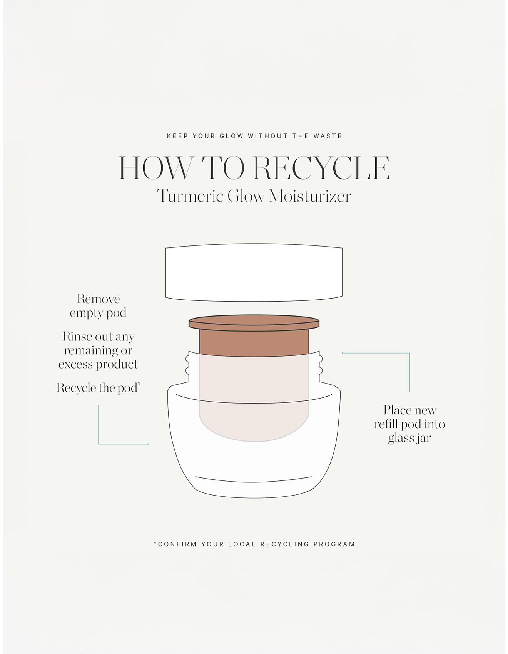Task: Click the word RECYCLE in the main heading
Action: pyautogui.click(x=322, y=168)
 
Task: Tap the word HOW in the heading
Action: pyautogui.click(x=155, y=168)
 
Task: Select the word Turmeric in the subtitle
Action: pyautogui.click(x=190, y=196)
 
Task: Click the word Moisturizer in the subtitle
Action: pyautogui.click(x=310, y=196)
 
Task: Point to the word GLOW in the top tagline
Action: pyautogui.click(x=231, y=136)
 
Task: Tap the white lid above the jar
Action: pyautogui.click(x=254, y=272)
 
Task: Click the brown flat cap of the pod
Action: pyautogui.click(x=254, y=323)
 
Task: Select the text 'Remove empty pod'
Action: pyautogui.click(x=98, y=306)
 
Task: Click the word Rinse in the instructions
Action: pyautogui.click(x=77, y=337)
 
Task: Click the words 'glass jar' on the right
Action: pyautogui.click(x=409, y=438)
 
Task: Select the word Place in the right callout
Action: pyautogui.click(x=398, y=410)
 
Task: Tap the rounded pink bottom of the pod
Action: pyautogui.click(x=254, y=427)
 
